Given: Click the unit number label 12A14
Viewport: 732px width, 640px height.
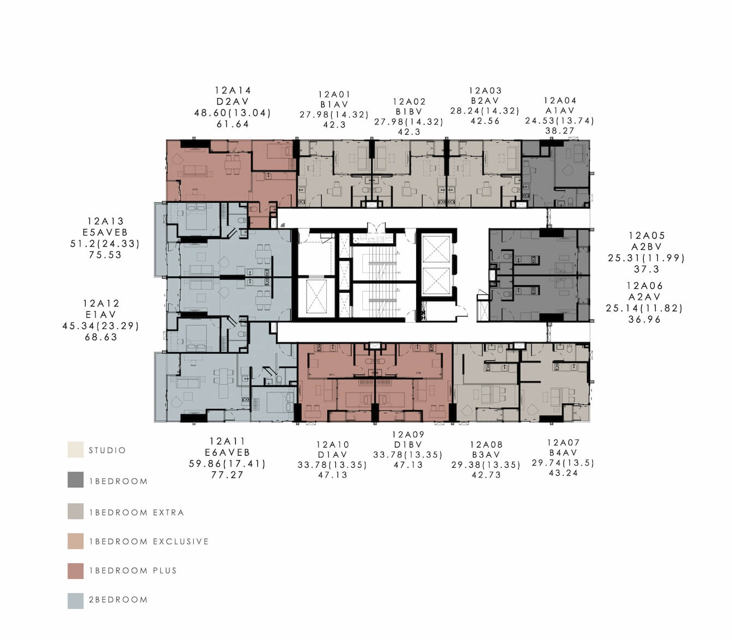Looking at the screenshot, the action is [x=232, y=90].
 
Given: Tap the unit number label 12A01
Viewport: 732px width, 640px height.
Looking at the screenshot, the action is [x=334, y=94].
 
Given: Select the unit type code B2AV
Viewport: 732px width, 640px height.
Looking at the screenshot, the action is [x=485, y=101].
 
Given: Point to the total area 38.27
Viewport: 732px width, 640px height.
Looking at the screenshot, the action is [x=560, y=131].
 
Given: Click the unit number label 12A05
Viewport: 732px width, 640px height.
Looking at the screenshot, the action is [x=646, y=236].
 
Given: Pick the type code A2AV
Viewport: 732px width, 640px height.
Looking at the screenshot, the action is [x=644, y=297].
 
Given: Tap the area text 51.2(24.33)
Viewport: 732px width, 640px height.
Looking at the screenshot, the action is [x=105, y=244].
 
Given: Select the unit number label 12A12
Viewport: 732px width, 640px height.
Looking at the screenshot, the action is [x=101, y=304].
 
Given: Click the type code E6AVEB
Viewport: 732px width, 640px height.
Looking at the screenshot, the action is [x=227, y=452].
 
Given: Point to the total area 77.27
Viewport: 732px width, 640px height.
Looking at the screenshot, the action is [x=227, y=475].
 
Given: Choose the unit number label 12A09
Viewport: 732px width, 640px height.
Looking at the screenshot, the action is [x=408, y=434].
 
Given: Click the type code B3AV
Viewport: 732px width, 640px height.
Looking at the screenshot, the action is [x=486, y=455].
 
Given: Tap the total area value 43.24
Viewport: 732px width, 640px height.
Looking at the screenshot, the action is [x=563, y=473].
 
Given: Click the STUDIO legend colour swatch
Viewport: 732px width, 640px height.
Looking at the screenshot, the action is [x=75, y=450].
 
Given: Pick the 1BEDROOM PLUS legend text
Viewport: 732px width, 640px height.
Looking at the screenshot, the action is [x=133, y=571].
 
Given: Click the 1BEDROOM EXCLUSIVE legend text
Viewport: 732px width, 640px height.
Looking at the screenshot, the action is [x=149, y=541].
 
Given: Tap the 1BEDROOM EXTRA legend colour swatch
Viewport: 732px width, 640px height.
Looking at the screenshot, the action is [x=75, y=511].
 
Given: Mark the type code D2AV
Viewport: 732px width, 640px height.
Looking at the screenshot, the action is [x=232, y=101].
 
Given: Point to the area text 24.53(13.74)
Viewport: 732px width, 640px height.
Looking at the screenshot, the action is [x=560, y=121].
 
